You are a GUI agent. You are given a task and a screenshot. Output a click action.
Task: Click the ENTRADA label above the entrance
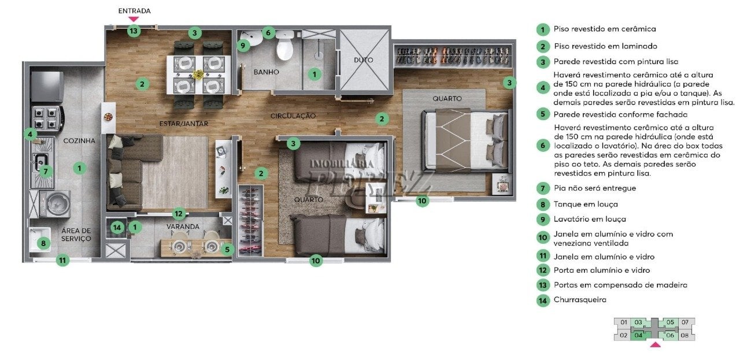point(135,11)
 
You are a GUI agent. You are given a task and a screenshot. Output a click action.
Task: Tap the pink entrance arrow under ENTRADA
point(134,19)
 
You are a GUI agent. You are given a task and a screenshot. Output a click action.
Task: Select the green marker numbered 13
point(134,31)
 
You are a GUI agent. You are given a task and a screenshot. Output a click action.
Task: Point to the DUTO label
point(364,60)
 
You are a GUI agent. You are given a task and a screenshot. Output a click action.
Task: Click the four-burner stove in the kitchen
point(47,119)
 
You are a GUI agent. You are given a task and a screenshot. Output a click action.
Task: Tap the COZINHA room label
point(79,140)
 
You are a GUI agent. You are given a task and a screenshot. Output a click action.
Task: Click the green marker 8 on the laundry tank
point(43,244)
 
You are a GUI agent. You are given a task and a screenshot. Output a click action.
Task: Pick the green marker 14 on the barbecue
point(117,227)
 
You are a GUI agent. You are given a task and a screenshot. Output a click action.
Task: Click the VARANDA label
point(183,227)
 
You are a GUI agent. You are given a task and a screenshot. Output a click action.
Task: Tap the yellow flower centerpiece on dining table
point(198,75)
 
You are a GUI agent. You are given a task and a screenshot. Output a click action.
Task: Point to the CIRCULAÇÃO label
point(293,116)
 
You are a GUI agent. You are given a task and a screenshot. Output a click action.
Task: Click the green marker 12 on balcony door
point(179,214)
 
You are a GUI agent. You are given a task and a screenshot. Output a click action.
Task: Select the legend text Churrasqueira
point(580,300)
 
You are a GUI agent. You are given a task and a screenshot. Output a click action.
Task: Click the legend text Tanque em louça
point(586,205)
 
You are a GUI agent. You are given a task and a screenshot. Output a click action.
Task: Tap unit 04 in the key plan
point(638,335)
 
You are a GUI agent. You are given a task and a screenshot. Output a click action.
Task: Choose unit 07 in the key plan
point(685,322)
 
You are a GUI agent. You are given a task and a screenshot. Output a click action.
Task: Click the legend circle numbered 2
point(543,47)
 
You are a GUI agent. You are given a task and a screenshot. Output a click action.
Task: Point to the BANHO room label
point(267,72)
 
